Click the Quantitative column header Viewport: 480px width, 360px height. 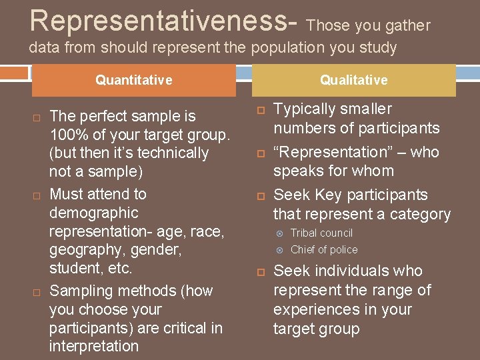click(x=133, y=80)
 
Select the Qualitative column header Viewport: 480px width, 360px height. click(x=353, y=80)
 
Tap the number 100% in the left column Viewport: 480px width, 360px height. click(x=67, y=135)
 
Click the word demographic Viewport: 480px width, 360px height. click(x=94, y=213)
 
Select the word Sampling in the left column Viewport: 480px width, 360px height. click(x=77, y=291)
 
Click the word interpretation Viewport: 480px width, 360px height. click(x=94, y=346)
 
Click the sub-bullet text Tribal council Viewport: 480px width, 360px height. click(x=321, y=233)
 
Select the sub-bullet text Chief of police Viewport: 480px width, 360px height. click(x=324, y=249)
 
